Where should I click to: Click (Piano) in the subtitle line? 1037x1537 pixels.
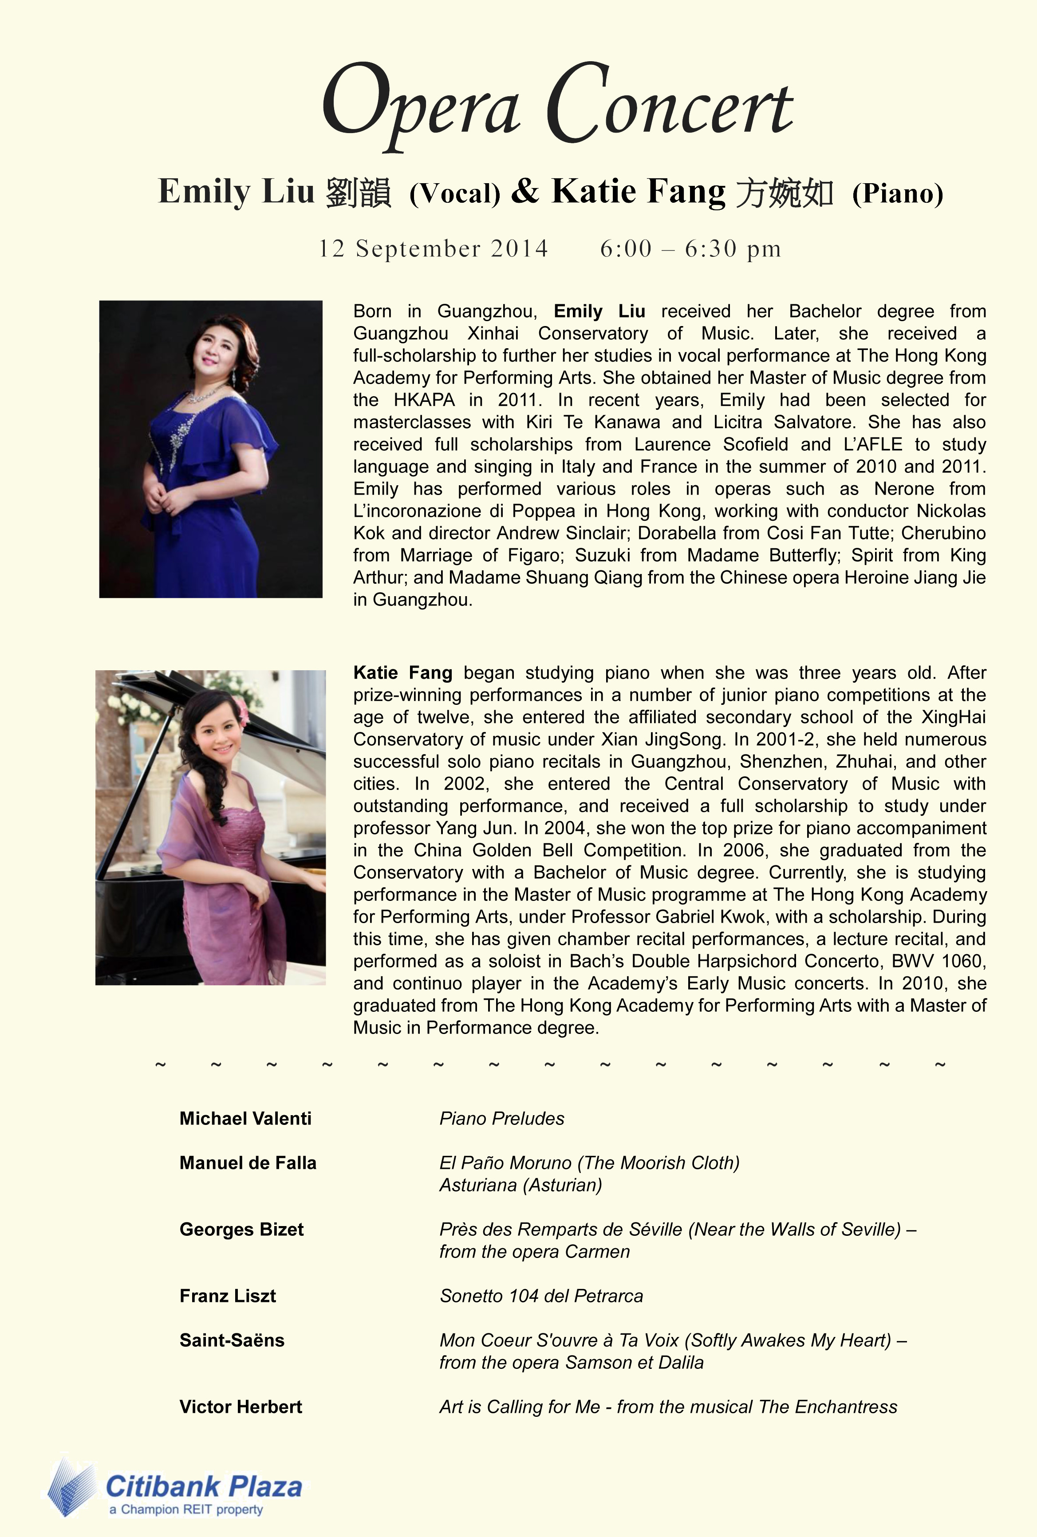(x=898, y=193)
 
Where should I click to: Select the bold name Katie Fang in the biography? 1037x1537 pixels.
(x=403, y=672)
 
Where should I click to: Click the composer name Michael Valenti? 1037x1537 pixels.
(x=245, y=1119)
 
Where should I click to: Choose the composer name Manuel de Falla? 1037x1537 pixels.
(x=248, y=1163)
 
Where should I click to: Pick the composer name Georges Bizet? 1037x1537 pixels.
(x=241, y=1230)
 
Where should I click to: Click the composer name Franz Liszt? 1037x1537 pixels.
(x=228, y=1296)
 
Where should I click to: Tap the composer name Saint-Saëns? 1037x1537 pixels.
(x=232, y=1340)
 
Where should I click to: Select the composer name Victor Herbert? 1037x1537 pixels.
(x=241, y=1407)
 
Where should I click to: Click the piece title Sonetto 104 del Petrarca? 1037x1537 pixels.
(x=541, y=1296)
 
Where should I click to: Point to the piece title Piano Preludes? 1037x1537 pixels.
(x=502, y=1119)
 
